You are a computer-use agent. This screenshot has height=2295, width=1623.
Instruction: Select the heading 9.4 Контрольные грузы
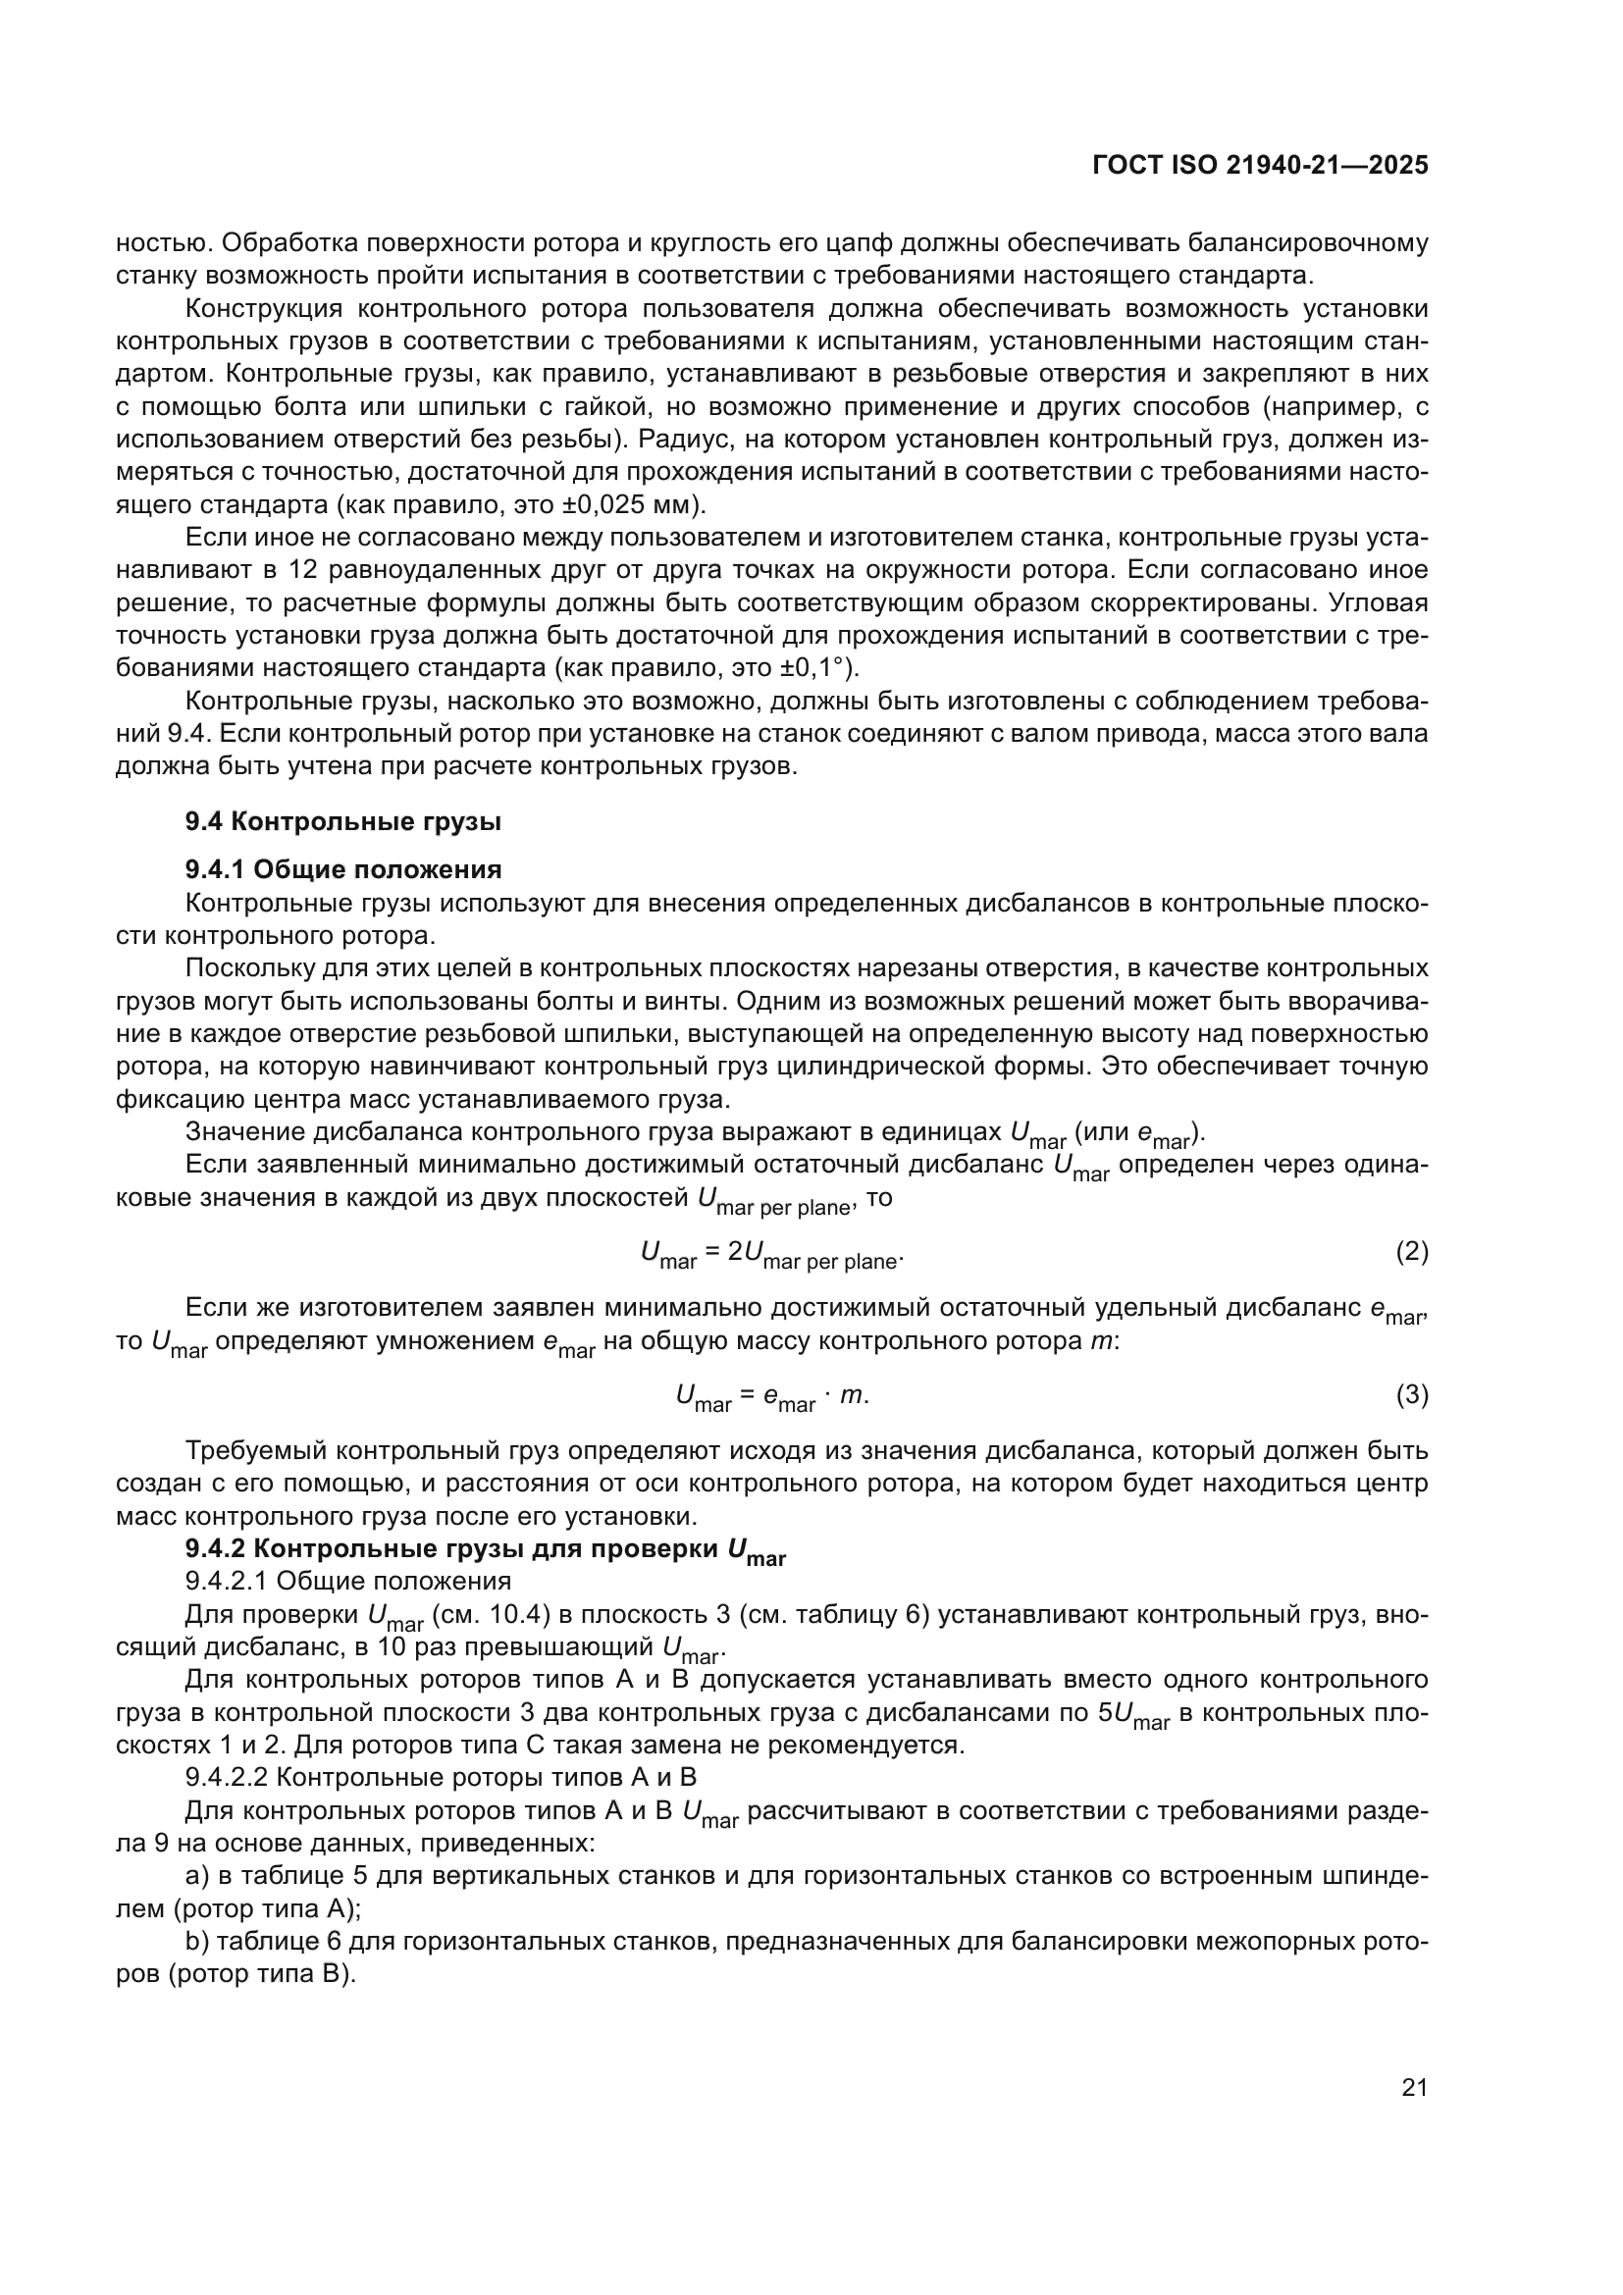pos(342,821)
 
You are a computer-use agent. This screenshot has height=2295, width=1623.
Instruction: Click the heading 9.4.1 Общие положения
pos(342,869)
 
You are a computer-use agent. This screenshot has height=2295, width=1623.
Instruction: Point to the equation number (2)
pos(1411,1251)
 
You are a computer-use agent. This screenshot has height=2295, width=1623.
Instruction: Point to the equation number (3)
pos(1411,1394)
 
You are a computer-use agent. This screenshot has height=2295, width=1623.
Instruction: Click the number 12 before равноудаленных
pos(302,570)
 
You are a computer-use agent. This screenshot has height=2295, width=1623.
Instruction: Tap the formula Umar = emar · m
pos(771,1396)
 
